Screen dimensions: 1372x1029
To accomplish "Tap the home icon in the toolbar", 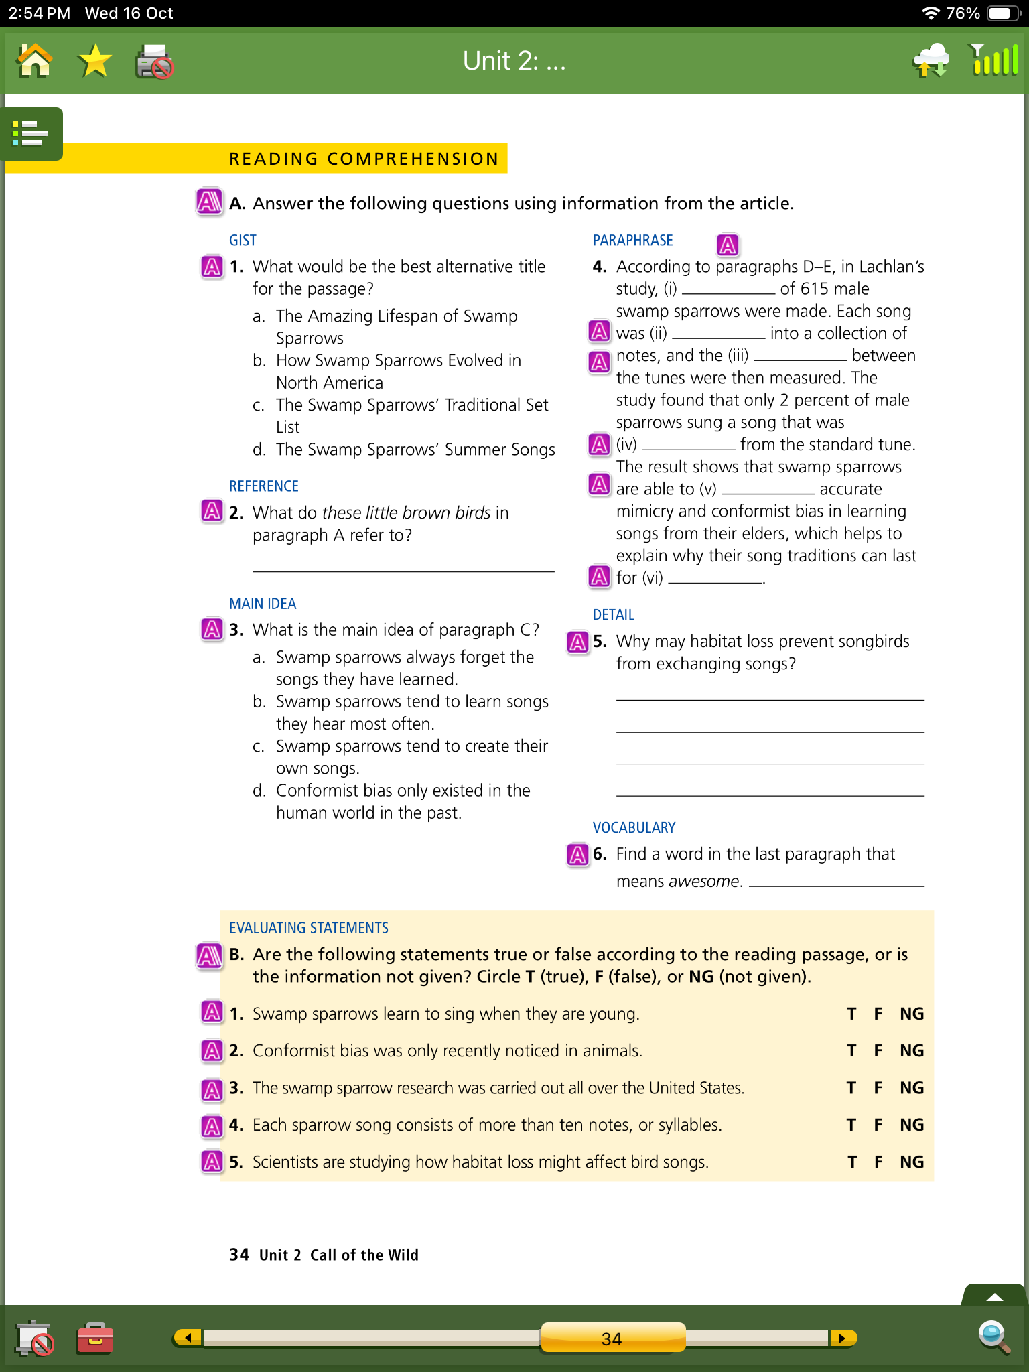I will point(35,61).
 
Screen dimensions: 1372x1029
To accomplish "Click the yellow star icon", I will point(94,61).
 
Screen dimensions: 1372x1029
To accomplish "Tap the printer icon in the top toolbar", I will point(155,62).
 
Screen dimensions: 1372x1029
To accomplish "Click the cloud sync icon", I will point(931,61).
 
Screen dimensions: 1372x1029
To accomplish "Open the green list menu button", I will point(31,133).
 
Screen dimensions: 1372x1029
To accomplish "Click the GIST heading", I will point(243,241).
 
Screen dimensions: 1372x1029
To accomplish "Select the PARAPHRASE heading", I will point(632,241).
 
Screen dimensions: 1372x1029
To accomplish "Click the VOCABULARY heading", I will point(634,828).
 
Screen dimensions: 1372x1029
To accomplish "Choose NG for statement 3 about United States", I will point(911,1088).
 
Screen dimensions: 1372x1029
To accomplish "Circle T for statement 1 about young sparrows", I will point(851,1014).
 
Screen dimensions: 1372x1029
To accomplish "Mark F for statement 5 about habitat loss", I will point(878,1162).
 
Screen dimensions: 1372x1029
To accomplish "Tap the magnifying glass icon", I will point(993,1337).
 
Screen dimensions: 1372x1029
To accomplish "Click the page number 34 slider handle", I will point(612,1339).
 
